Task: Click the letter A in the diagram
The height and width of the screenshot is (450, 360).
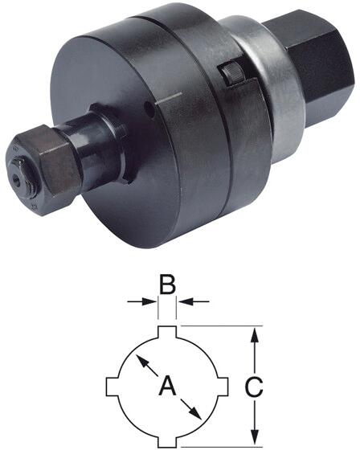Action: click(168, 387)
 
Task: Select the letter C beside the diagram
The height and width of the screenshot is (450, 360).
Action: click(253, 387)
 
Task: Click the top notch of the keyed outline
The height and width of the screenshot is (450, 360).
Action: click(168, 331)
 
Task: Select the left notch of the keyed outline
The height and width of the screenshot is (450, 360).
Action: click(112, 387)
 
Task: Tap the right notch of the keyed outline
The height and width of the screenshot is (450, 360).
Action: click(224, 387)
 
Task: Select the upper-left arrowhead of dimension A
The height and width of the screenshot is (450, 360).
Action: click(139, 359)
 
